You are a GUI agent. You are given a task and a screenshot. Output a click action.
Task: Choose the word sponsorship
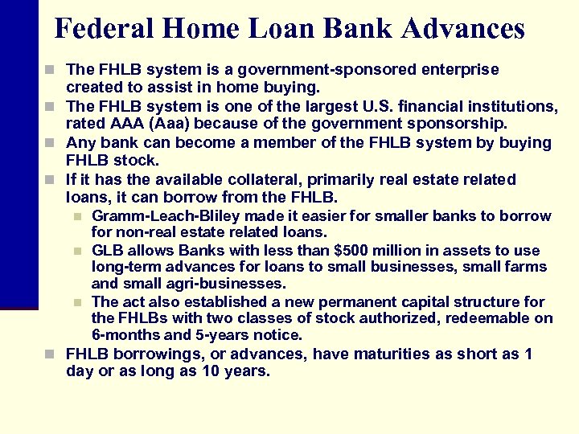pyautogui.click(x=461, y=123)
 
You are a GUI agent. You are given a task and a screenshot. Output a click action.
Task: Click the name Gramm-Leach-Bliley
pyautogui.click(x=166, y=215)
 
